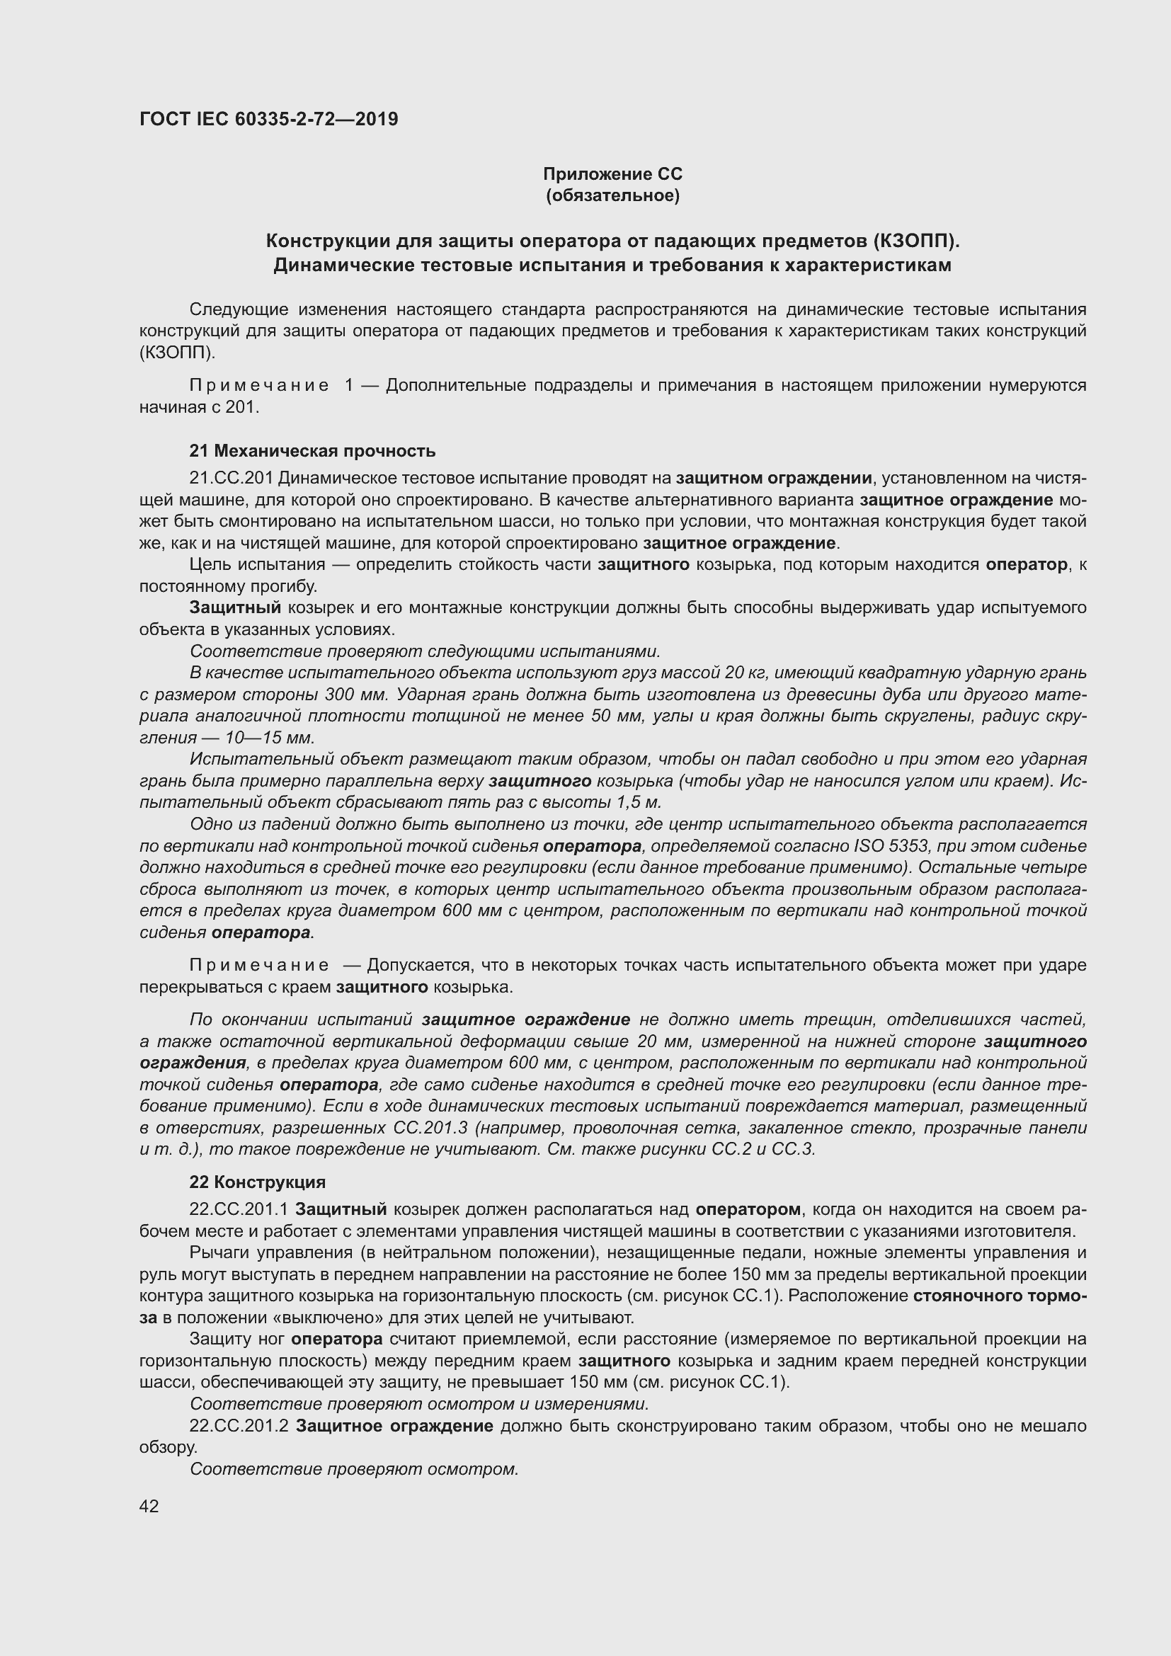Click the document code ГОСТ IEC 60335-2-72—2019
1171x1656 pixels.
coord(268,119)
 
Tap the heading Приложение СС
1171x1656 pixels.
coord(612,174)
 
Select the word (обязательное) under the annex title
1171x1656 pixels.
coord(612,195)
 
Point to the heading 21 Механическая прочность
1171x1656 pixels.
coord(312,451)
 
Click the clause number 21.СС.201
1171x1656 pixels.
coord(231,478)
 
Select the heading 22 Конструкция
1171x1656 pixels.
coord(258,1182)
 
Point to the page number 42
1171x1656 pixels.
coord(149,1506)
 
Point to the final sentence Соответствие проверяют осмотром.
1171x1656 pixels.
coord(354,1469)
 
